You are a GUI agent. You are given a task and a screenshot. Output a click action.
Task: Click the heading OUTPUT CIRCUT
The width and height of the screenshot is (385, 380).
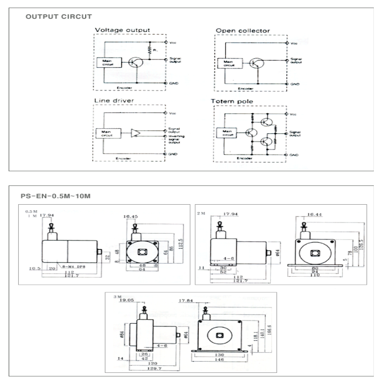point(59,17)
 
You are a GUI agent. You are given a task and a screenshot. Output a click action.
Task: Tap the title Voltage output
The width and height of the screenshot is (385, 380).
point(122,30)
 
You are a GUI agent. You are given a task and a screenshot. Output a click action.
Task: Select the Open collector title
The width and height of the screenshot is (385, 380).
point(243,30)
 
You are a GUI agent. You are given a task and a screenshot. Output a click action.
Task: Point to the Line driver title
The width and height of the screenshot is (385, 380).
point(113,101)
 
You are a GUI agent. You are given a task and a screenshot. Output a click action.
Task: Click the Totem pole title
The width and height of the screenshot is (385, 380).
point(231,101)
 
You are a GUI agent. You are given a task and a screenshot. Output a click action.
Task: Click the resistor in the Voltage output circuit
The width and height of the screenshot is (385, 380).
point(150,50)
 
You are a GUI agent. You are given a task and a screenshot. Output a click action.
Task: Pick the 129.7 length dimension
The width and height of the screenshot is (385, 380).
point(147,368)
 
